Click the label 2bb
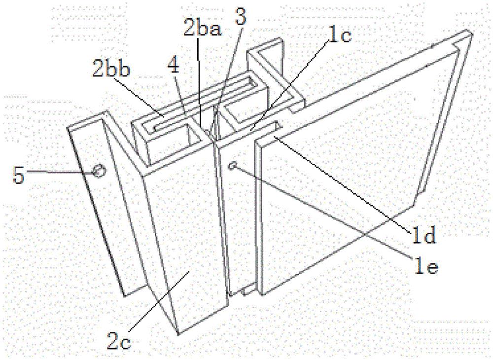pyautogui.click(x=110, y=70)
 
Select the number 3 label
pyautogui.click(x=241, y=17)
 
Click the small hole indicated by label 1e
pyautogui.click(x=233, y=165)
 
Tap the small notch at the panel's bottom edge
pyautogui.click(x=248, y=290)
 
